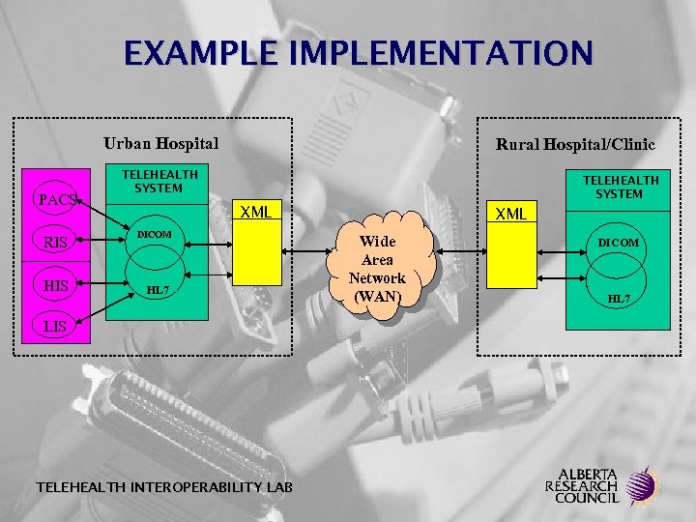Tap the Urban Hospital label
[161, 143]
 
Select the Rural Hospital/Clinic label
[575, 144]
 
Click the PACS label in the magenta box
[55, 200]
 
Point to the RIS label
[55, 243]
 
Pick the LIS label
[55, 326]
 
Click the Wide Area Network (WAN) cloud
[377, 269]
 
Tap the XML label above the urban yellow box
[256, 211]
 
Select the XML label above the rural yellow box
[510, 214]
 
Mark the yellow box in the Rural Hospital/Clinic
[510, 256]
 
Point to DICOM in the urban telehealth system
[154, 235]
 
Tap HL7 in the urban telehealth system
[157, 290]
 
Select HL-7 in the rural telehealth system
[619, 299]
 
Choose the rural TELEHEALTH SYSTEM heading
[620, 187]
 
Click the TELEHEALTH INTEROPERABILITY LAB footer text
[150, 486]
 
